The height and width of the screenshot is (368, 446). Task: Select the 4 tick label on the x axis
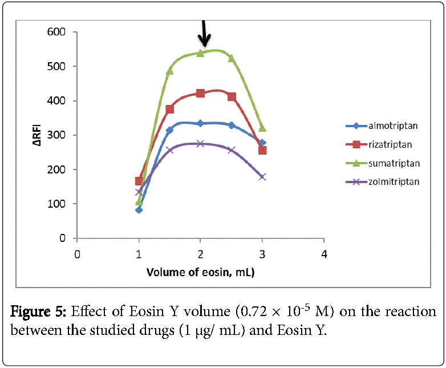tap(324, 253)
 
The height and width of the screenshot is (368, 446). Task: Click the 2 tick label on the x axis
tap(200, 253)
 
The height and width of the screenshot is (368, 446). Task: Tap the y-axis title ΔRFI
tap(38, 136)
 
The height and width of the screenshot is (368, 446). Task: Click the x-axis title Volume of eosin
tap(200, 272)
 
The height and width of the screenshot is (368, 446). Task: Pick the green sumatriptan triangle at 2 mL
tap(200, 52)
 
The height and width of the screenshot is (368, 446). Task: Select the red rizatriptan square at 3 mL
tap(262, 151)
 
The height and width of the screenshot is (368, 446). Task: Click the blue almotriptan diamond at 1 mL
tap(139, 210)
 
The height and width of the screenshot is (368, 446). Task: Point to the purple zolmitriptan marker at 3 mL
tap(262, 177)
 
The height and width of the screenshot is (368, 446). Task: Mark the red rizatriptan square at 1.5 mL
tap(169, 109)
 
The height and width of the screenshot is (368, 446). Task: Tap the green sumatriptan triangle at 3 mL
tap(262, 128)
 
